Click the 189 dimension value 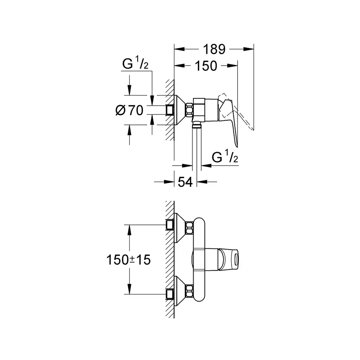pyautogui.click(x=214, y=49)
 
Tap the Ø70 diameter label pyautogui.click(x=129, y=110)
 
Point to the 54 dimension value pyautogui.click(x=185, y=182)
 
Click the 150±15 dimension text pyautogui.click(x=128, y=260)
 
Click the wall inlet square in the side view pyautogui.click(x=171, y=110)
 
